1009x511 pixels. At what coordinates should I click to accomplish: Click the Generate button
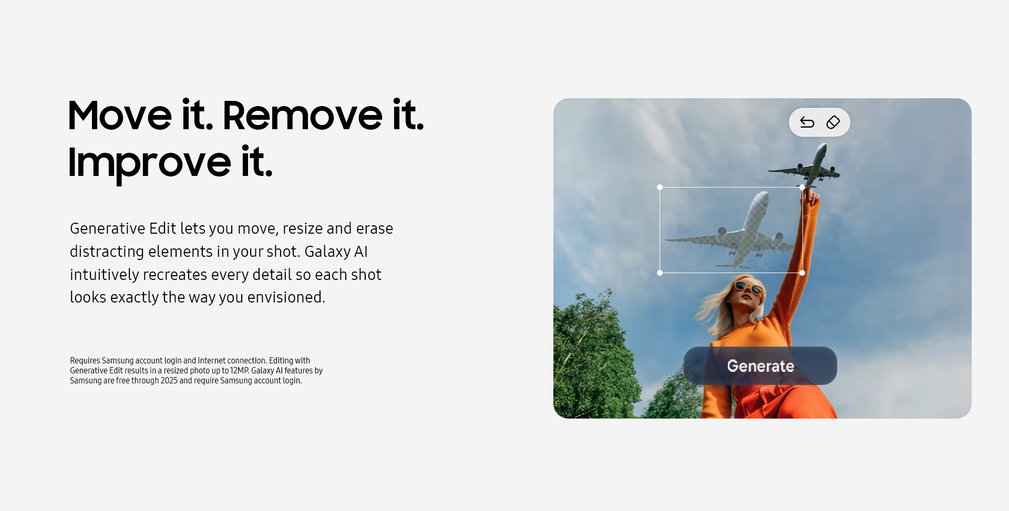tap(760, 366)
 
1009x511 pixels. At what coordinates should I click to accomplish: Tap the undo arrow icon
tap(807, 122)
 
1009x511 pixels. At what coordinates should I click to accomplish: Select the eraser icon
tap(833, 122)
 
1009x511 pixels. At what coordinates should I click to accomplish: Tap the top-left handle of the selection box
tap(660, 187)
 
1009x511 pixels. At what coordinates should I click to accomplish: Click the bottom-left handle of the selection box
tap(660, 273)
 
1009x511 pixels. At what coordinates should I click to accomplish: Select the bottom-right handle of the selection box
tap(802, 273)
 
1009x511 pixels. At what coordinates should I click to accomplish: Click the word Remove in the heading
tap(303, 115)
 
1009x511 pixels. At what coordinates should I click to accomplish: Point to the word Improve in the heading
tap(149, 163)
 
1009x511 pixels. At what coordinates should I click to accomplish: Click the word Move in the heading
tap(120, 115)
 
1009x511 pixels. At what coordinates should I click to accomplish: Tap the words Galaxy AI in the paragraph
tap(336, 252)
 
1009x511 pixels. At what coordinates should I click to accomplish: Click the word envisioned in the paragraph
tap(286, 297)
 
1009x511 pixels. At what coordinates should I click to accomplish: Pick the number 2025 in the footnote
tap(169, 381)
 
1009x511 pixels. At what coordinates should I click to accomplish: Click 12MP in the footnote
tap(239, 371)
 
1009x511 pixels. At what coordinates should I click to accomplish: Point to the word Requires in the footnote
tap(85, 361)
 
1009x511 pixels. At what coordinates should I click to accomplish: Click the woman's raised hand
tap(811, 197)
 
